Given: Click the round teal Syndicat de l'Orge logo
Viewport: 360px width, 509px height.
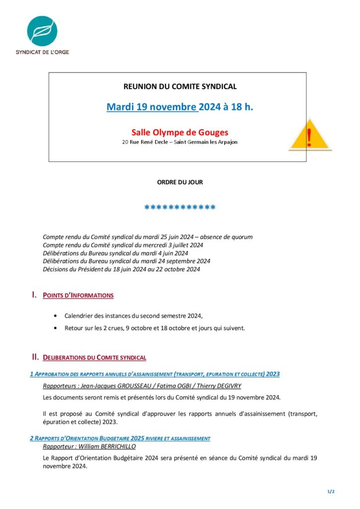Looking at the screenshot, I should [x=42, y=31].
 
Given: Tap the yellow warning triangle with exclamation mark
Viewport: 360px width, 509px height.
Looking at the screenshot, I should [x=309, y=135].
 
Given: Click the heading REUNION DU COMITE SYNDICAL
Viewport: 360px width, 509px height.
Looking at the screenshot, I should [x=180, y=86].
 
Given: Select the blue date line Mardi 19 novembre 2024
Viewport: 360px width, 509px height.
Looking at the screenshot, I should [x=180, y=107].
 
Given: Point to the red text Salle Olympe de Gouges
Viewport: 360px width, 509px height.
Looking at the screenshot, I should [x=180, y=132].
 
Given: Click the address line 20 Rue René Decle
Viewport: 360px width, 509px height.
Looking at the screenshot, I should [x=180, y=142].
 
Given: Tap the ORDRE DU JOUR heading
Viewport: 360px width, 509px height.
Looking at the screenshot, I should [x=180, y=182].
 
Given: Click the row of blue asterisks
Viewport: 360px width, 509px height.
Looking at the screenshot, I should [x=180, y=208].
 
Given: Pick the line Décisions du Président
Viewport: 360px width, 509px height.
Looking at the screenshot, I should [x=121, y=269].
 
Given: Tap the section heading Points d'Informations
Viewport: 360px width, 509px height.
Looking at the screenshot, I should [x=78, y=296].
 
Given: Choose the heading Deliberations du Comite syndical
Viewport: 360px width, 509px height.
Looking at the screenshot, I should [x=94, y=358].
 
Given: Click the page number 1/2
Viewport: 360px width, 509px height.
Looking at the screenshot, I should [x=331, y=492].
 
